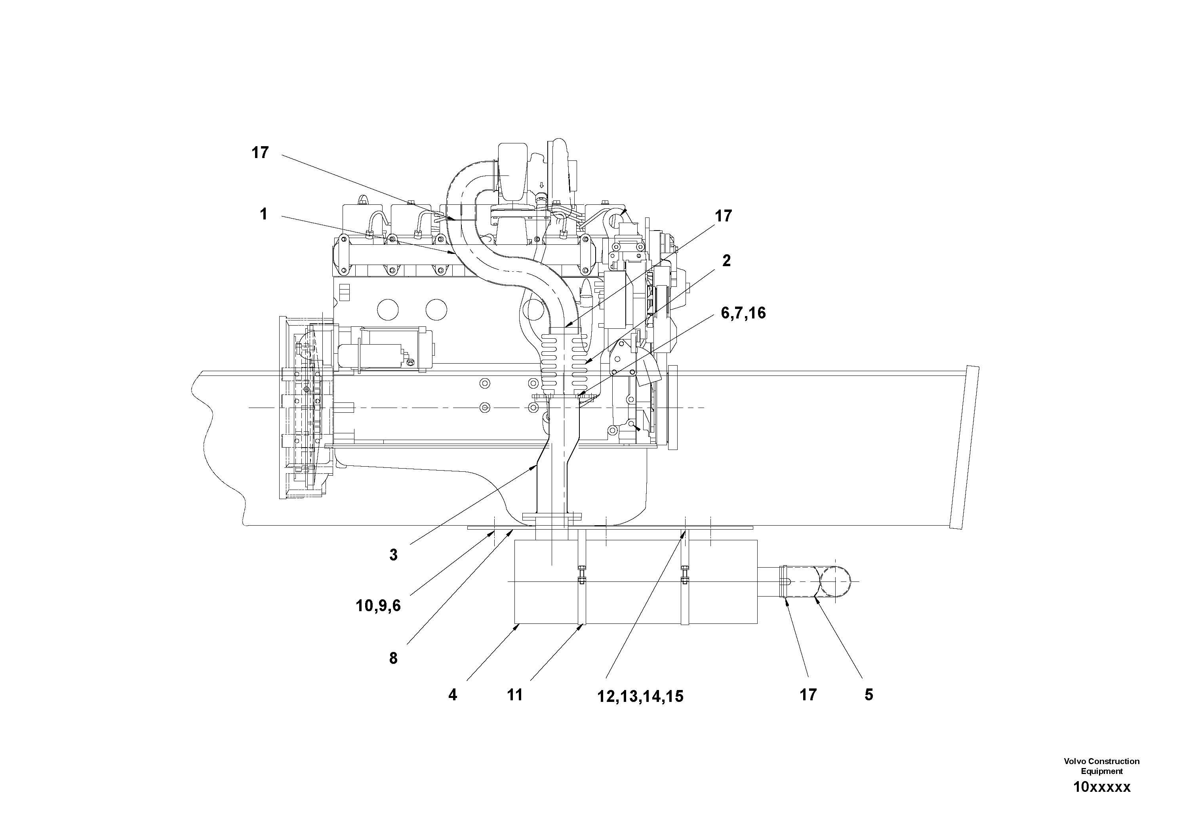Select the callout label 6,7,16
pyautogui.click(x=743, y=313)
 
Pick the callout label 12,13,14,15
pyautogui.click(x=640, y=697)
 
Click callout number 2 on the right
pyautogui.click(x=726, y=261)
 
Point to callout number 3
pyautogui.click(x=393, y=555)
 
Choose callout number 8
pyautogui.click(x=393, y=658)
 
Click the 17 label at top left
pyautogui.click(x=260, y=152)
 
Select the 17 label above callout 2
pyautogui.click(x=723, y=216)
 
